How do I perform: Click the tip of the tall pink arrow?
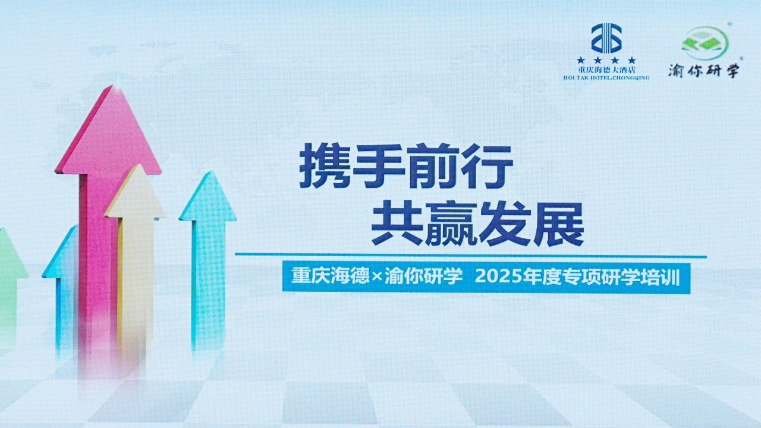pos(111,86)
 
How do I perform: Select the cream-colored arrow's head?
pos(135,192)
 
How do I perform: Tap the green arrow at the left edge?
pos(10,289)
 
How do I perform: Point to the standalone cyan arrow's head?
pos(207,196)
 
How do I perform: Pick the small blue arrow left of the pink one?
pos(61,289)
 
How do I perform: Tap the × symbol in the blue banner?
pos(377,278)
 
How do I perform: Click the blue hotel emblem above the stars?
pos(607,38)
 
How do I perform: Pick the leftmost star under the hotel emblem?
pos(581,61)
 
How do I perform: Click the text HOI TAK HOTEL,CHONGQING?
pos(606,78)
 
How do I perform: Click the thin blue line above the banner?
pos(471,255)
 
